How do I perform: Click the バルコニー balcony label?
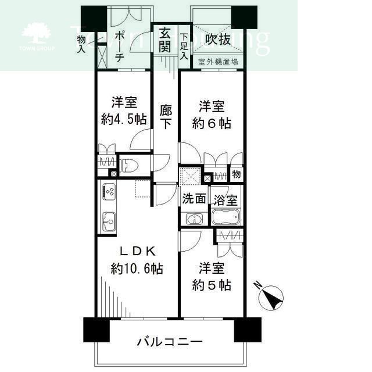170,341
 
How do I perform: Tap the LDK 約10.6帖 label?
137,260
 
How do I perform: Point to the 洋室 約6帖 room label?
212,115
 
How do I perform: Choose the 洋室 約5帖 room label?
212,277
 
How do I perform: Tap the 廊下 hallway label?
166,116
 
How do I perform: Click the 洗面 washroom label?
194,198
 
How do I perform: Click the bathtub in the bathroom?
224,219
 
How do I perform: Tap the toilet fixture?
128,163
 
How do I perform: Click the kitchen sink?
109,221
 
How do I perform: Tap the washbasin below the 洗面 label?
194,219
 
